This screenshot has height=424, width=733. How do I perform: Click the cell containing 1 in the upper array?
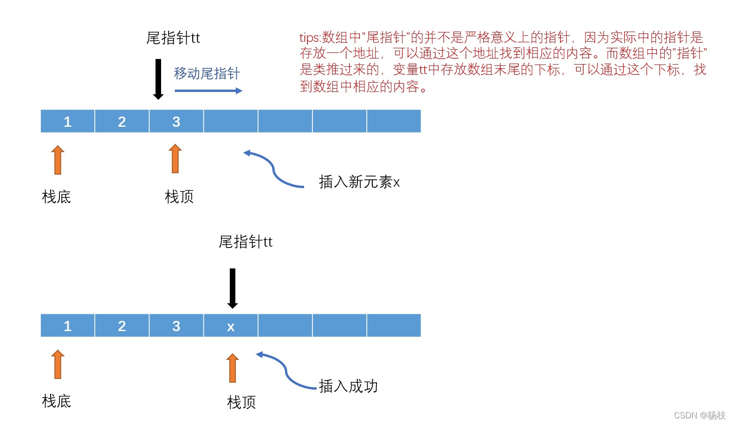pyautogui.click(x=68, y=121)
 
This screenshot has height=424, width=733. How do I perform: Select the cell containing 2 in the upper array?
pyautogui.click(x=122, y=121)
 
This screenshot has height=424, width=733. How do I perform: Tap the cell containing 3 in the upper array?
pyautogui.click(x=176, y=121)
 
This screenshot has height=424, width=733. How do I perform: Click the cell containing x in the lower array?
pyautogui.click(x=231, y=326)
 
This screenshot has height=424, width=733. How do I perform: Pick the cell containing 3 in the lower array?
pyautogui.click(x=176, y=326)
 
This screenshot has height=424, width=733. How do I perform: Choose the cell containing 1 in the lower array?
pyautogui.click(x=68, y=326)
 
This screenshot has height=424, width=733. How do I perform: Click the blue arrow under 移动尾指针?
pyautogui.click(x=208, y=91)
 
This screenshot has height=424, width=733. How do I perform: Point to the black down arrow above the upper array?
pyautogui.click(x=158, y=79)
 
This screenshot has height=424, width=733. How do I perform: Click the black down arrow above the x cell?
pyautogui.click(x=233, y=288)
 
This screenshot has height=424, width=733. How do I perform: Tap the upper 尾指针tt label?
pyautogui.click(x=173, y=38)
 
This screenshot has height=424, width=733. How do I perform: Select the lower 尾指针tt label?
pyautogui.click(x=245, y=242)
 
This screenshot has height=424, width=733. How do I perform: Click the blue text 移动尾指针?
pyautogui.click(x=207, y=73)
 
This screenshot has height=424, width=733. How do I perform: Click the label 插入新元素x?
pyautogui.click(x=359, y=182)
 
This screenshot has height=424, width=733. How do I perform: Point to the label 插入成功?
pyautogui.click(x=348, y=386)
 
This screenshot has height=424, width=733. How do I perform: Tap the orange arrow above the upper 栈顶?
pyautogui.click(x=175, y=159)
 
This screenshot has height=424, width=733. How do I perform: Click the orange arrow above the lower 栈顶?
pyautogui.click(x=233, y=368)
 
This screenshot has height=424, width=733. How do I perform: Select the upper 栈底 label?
pyautogui.click(x=56, y=197)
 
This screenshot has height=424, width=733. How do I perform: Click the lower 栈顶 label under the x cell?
pyautogui.click(x=241, y=402)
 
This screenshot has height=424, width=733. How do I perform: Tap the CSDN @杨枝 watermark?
pyautogui.click(x=699, y=415)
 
